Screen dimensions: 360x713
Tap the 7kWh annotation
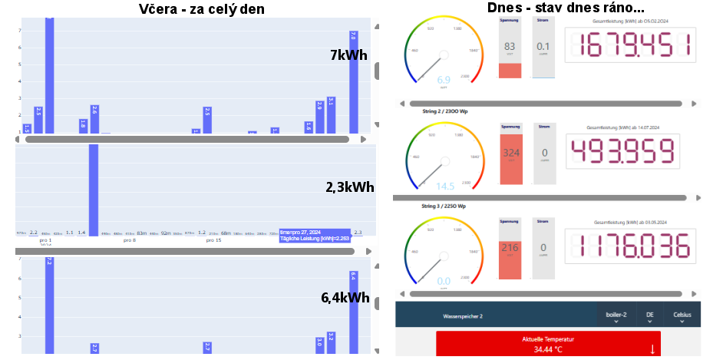(x=349, y=54)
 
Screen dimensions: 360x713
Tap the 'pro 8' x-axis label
(x=129, y=240)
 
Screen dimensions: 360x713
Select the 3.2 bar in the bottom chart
(x=331, y=342)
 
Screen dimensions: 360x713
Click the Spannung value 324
(x=511, y=153)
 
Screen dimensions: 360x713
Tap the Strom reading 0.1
(x=543, y=47)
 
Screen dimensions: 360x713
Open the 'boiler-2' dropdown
(x=616, y=316)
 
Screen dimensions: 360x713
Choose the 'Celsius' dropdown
(x=682, y=316)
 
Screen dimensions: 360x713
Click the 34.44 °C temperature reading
(x=548, y=349)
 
